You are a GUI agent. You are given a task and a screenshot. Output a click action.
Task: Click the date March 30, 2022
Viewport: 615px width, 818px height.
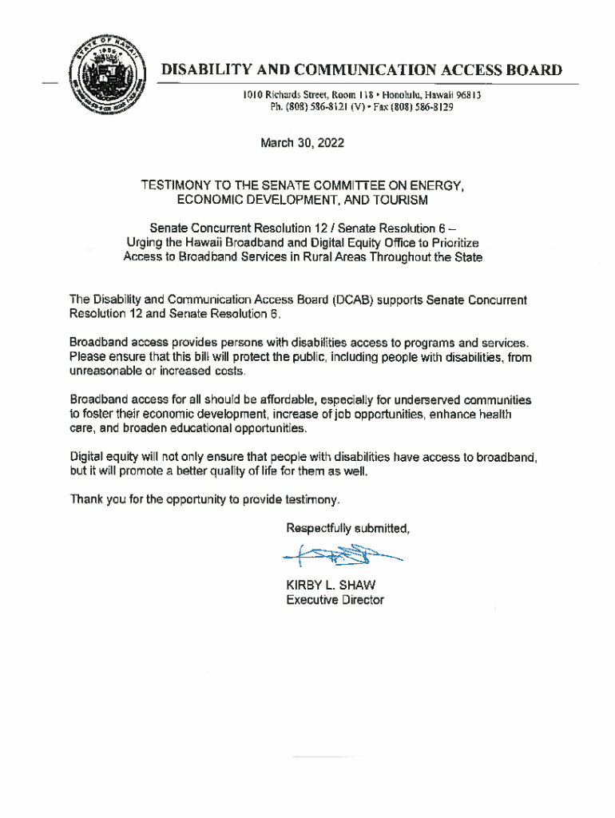[302, 144]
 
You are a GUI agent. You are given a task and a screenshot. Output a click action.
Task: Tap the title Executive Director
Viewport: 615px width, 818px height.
[335, 600]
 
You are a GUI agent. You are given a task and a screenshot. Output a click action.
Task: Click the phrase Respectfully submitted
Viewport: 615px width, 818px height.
[348, 527]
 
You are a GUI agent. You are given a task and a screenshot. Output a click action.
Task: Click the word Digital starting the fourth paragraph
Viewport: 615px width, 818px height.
[87, 458]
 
